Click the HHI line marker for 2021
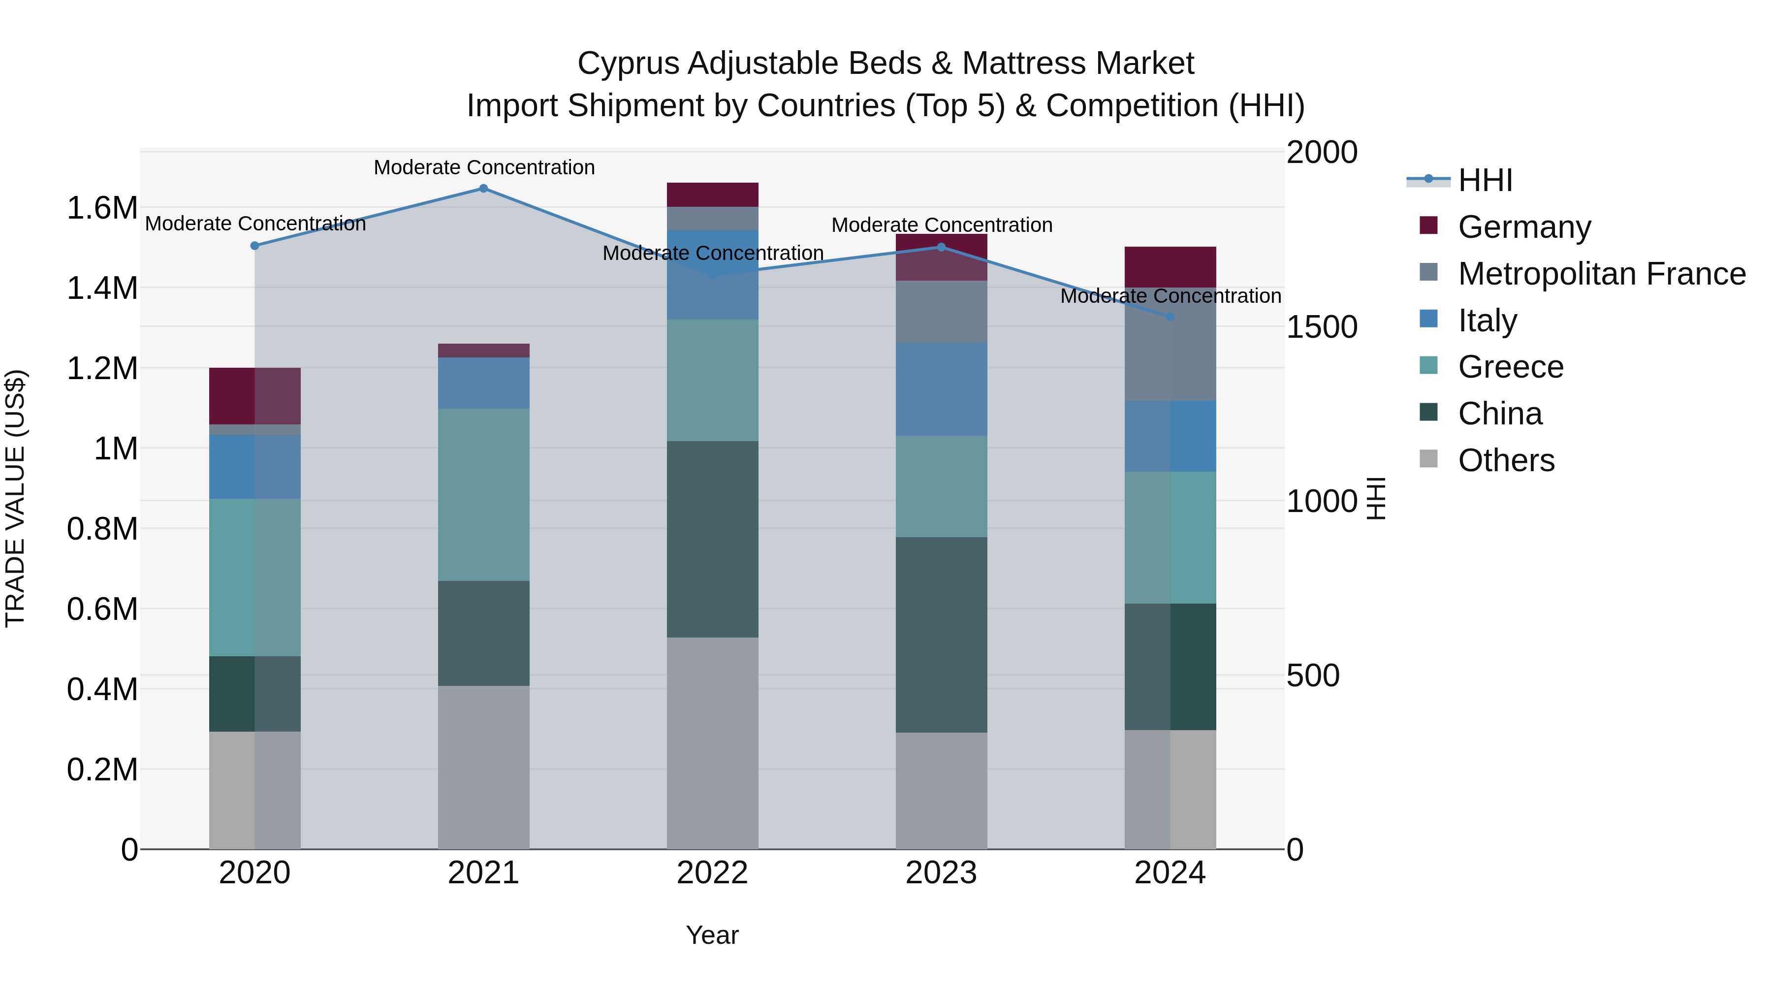(x=483, y=189)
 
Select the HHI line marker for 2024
(x=1170, y=317)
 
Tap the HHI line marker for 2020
(x=254, y=246)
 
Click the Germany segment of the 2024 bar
(x=1170, y=267)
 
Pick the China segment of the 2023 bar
(x=941, y=635)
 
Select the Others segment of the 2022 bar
(x=713, y=743)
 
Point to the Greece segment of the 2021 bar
(x=483, y=495)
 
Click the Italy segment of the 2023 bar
(x=941, y=389)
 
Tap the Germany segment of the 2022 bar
(x=713, y=194)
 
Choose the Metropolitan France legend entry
(x=1601, y=274)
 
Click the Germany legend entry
(x=1524, y=227)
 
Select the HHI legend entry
(x=1485, y=180)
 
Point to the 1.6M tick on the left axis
(x=102, y=208)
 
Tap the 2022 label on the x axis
(x=713, y=873)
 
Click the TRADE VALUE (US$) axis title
(x=16, y=498)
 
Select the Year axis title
(x=713, y=935)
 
